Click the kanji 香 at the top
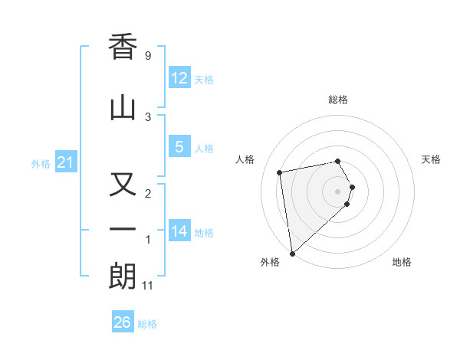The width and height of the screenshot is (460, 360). pos(123,48)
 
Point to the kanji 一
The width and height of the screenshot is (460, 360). pos(123,229)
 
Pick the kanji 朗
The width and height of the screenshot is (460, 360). pos(123,276)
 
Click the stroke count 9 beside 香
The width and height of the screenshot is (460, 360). pos(148,56)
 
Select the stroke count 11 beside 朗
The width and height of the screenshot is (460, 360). pos(148,286)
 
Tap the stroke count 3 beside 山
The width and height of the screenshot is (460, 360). pos(148,116)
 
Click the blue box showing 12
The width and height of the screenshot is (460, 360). pos(179,78)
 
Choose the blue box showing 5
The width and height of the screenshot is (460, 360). pos(179,147)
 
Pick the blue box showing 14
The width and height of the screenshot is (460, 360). pos(179,231)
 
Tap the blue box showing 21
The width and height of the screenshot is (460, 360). pos(65,162)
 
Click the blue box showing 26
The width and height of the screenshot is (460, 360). pos(122,322)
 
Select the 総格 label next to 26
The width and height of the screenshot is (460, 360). pos(147,324)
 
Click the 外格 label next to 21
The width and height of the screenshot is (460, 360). pos(40,164)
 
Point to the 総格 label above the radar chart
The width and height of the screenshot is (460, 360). pos(337,100)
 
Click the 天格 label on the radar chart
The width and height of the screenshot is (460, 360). pos(432,159)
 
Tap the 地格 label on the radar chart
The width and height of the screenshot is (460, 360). pos(402,262)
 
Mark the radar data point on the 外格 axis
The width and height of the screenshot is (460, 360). pos(292,252)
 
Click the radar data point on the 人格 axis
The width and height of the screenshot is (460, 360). pos(280,172)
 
